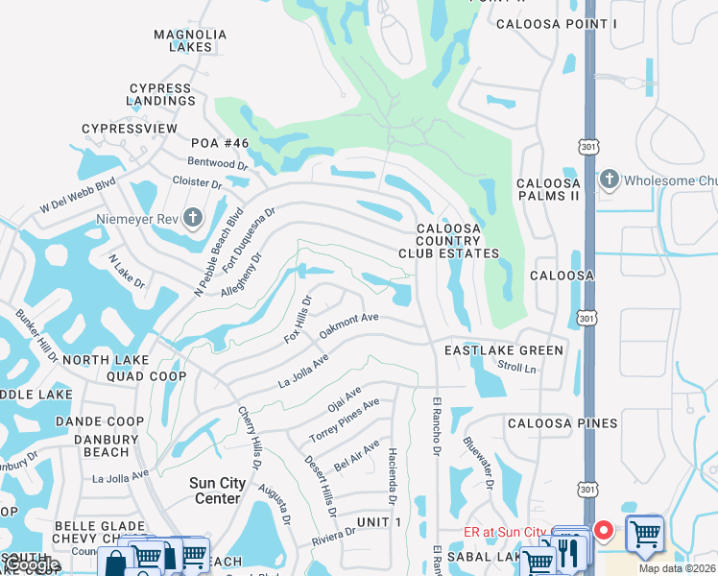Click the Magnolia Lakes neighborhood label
click(190, 40)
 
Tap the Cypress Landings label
click(160, 94)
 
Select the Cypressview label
click(130, 128)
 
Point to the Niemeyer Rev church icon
click(193, 217)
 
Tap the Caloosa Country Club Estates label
click(449, 241)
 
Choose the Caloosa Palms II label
click(548, 189)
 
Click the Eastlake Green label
click(503, 351)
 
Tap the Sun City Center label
click(216, 491)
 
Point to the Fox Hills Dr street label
click(298, 319)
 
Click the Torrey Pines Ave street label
click(344, 420)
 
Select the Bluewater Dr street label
click(477, 464)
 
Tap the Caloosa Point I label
click(542, 22)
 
